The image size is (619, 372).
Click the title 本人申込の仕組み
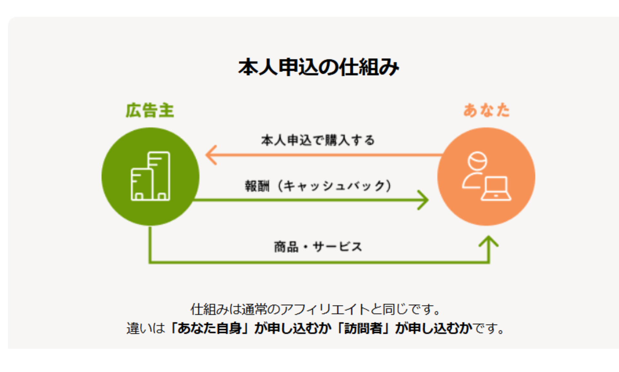[319, 67]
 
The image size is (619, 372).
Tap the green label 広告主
[150, 110]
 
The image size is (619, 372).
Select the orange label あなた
[486, 110]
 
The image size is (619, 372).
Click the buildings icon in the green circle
[150, 176]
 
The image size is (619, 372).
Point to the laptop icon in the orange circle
[496, 189]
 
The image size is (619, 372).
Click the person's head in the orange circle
[477, 161]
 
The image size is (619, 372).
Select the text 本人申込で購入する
[318, 140]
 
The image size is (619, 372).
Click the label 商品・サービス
[318, 247]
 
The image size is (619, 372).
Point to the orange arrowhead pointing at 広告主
[211, 155]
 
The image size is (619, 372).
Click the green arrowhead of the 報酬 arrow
[423, 200]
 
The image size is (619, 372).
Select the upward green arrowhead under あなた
[488, 242]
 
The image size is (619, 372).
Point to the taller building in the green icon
[159, 176]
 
